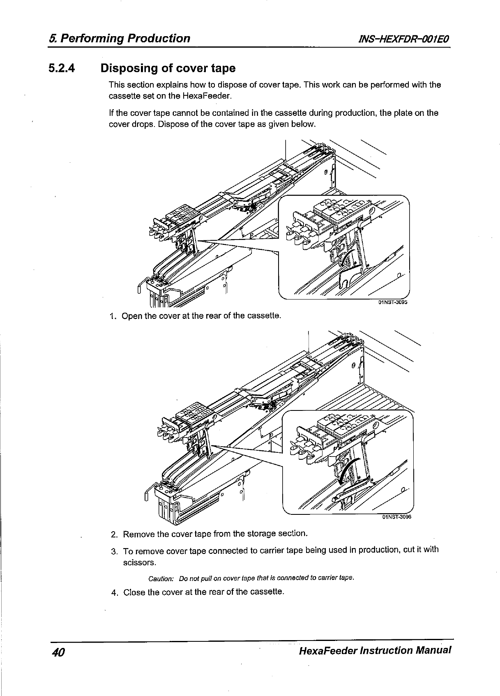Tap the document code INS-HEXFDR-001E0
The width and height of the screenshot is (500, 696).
coord(404,39)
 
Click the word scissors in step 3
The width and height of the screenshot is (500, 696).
coord(138,562)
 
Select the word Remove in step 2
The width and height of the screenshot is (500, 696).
coord(138,535)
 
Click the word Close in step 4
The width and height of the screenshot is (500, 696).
coord(134,592)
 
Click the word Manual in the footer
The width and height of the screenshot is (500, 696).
coord(433,651)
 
